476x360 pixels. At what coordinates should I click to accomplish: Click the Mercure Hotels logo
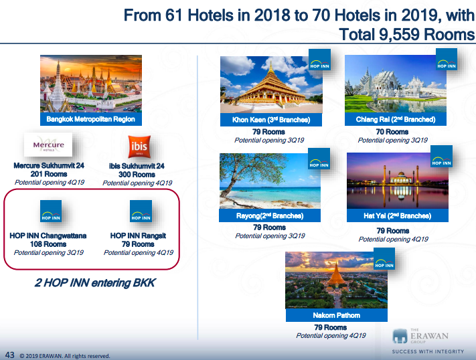coord(48,145)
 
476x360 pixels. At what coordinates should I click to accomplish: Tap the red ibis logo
coord(139,147)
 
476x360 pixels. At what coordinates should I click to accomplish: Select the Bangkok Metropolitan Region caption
coord(91,119)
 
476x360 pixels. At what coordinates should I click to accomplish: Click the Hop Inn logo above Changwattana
coord(51,211)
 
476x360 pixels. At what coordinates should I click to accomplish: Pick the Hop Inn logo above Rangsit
coord(141,211)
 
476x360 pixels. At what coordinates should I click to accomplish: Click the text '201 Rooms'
coord(49,174)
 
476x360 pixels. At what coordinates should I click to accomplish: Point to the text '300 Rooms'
coord(137,175)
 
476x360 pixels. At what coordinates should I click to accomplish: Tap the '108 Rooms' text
coord(48,244)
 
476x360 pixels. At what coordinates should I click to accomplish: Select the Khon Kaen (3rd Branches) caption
coord(271,120)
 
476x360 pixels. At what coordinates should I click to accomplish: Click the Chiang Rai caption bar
coord(396,119)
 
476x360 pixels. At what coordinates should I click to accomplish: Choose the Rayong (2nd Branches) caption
coord(270,215)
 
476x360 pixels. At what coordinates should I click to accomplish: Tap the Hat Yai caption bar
coord(398,215)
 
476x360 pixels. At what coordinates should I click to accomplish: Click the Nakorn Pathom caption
coord(337,315)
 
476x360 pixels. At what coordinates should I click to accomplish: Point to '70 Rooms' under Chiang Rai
coord(392,132)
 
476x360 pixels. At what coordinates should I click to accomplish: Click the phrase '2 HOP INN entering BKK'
coord(94,282)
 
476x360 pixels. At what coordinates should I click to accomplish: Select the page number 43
coord(10,355)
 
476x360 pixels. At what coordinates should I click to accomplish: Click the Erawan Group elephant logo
coord(400,337)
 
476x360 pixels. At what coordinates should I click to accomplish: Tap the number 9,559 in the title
coord(399,34)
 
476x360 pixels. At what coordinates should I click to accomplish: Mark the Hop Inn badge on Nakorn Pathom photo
coord(384,258)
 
